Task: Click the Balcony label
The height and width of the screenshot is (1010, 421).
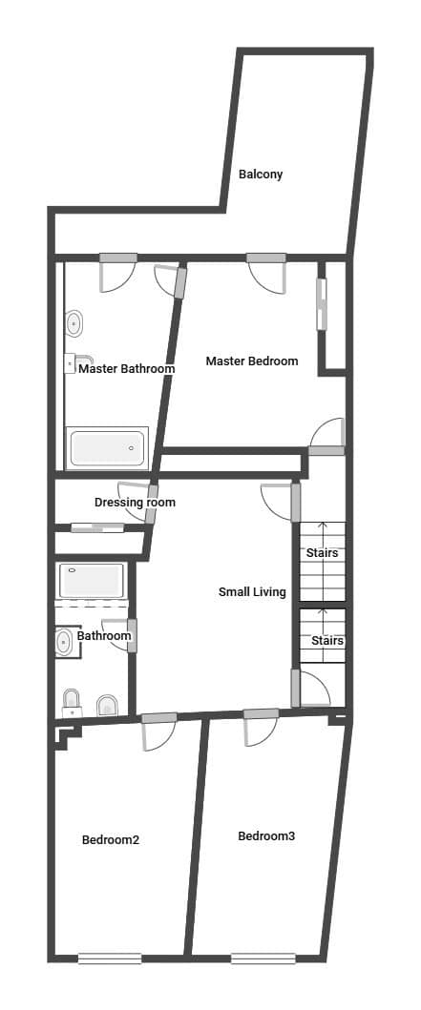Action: click(x=260, y=175)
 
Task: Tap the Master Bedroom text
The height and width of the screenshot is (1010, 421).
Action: click(x=252, y=361)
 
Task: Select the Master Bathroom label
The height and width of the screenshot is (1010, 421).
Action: click(x=126, y=369)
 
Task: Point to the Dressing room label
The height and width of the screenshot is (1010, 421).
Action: click(x=135, y=503)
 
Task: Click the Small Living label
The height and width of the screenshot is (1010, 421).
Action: click(x=252, y=592)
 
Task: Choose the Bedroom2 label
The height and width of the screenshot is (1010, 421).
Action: click(x=111, y=840)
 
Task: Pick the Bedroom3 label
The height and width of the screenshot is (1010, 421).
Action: click(x=266, y=836)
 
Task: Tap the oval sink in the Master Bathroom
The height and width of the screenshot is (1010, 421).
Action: click(x=74, y=325)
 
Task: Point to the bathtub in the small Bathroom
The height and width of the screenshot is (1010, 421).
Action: click(x=92, y=580)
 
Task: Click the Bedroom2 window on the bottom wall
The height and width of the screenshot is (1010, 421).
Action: click(x=109, y=958)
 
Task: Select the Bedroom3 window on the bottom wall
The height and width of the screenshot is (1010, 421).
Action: click(x=263, y=958)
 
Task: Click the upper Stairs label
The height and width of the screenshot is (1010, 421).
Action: click(x=322, y=553)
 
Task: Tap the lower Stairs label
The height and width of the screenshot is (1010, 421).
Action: click(x=326, y=641)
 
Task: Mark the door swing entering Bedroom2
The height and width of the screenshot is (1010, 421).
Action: click(x=158, y=734)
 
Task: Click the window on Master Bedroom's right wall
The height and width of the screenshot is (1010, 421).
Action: click(x=322, y=304)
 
